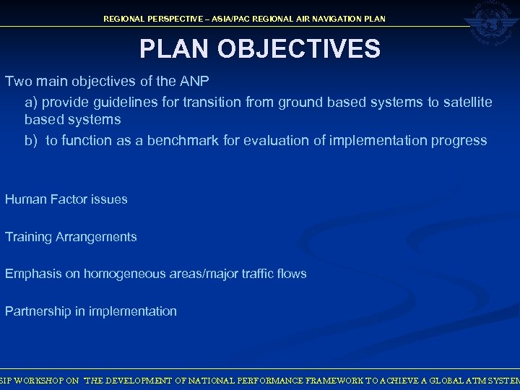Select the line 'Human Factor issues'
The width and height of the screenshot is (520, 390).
(x=66, y=199)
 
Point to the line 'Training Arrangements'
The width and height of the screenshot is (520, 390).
(x=71, y=237)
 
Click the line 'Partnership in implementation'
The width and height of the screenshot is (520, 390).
(x=90, y=311)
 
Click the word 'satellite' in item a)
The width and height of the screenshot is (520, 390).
(x=467, y=103)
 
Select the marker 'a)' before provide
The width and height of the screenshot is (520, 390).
(x=31, y=103)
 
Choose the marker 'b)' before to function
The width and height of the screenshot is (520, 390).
(x=31, y=140)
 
